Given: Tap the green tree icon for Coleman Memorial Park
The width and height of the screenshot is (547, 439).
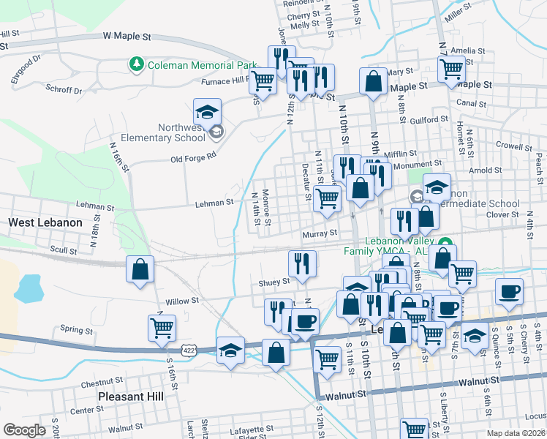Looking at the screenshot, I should click(136, 65).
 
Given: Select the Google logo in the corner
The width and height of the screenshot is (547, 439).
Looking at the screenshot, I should click(24, 430).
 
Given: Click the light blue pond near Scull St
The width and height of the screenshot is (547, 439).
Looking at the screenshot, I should click(28, 288).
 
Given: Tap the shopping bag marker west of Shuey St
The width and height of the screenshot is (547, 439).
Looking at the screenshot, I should click(140, 269).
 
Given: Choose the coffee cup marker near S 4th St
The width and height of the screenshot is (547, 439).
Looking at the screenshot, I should click(509, 290).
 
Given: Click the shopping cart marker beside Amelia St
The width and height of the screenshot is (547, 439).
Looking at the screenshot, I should click(452, 69).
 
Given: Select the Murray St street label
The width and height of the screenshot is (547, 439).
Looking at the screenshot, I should click(320, 233).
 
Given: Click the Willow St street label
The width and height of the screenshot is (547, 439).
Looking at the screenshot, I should click(182, 301).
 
